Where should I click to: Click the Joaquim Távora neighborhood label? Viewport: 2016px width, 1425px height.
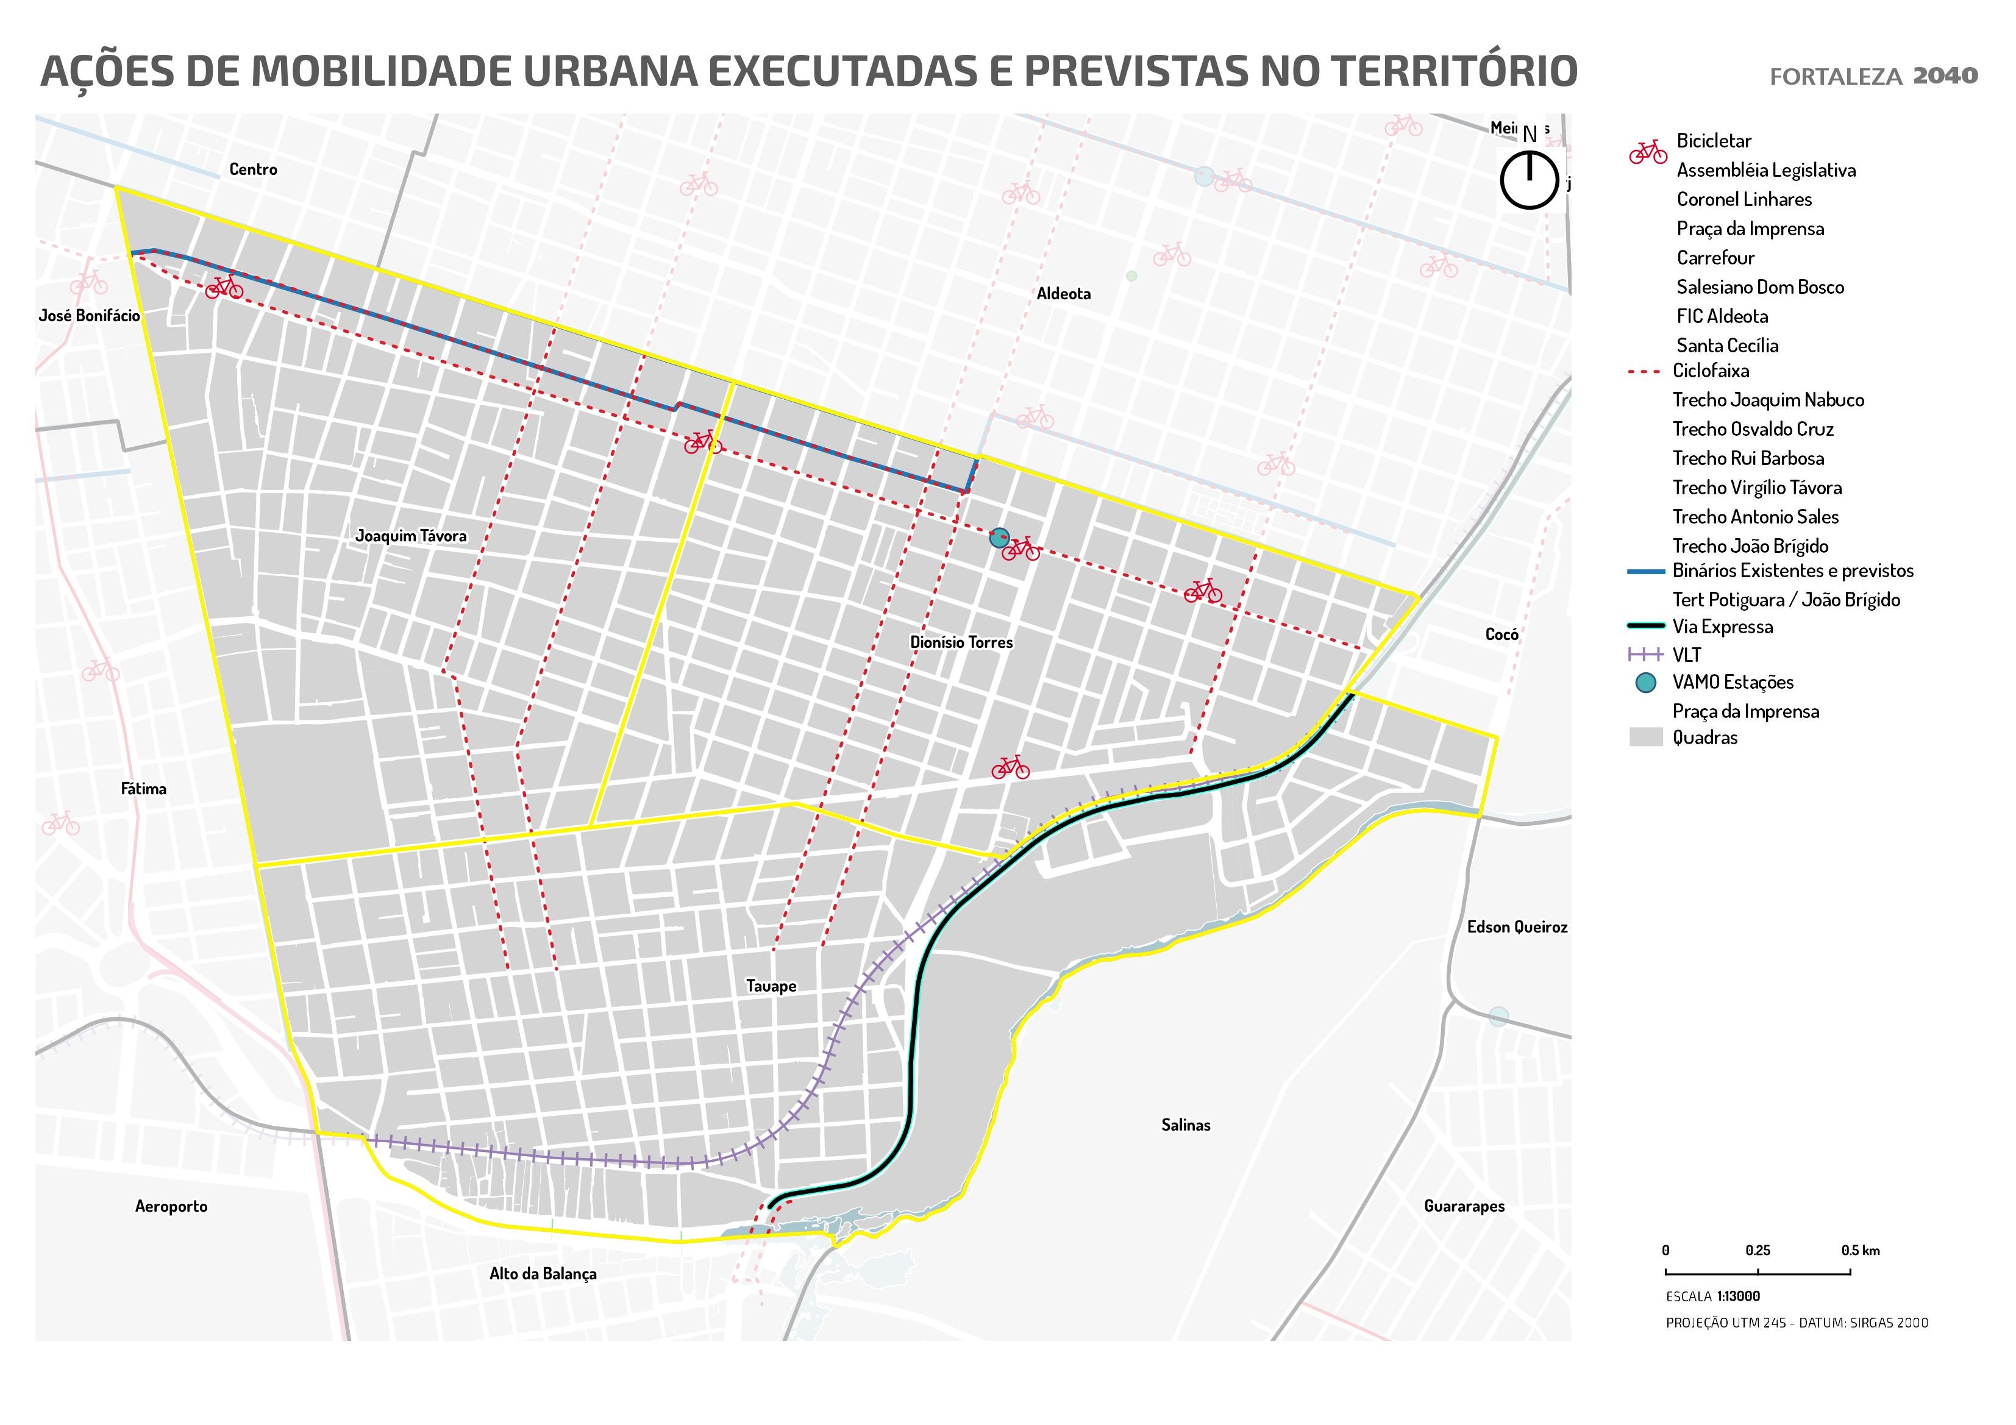point(411,536)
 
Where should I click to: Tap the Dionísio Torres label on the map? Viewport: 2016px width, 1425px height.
point(961,642)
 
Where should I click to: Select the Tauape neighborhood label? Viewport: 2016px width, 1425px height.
point(771,986)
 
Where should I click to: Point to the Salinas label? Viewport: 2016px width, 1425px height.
point(1185,1125)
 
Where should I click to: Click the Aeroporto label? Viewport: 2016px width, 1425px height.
point(171,1206)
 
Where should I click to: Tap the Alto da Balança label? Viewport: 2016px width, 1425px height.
point(543,1274)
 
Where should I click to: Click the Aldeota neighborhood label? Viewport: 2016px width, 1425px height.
point(1063,294)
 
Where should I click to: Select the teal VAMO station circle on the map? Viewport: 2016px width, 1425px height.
point(999,538)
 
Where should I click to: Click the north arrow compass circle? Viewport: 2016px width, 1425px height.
point(1529,180)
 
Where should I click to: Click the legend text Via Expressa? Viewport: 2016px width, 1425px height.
point(1722,627)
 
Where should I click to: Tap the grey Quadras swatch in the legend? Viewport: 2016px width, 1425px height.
point(1645,737)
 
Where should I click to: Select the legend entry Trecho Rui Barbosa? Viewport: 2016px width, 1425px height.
point(1747,458)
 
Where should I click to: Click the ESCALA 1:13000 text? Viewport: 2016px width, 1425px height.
point(1712,1297)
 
